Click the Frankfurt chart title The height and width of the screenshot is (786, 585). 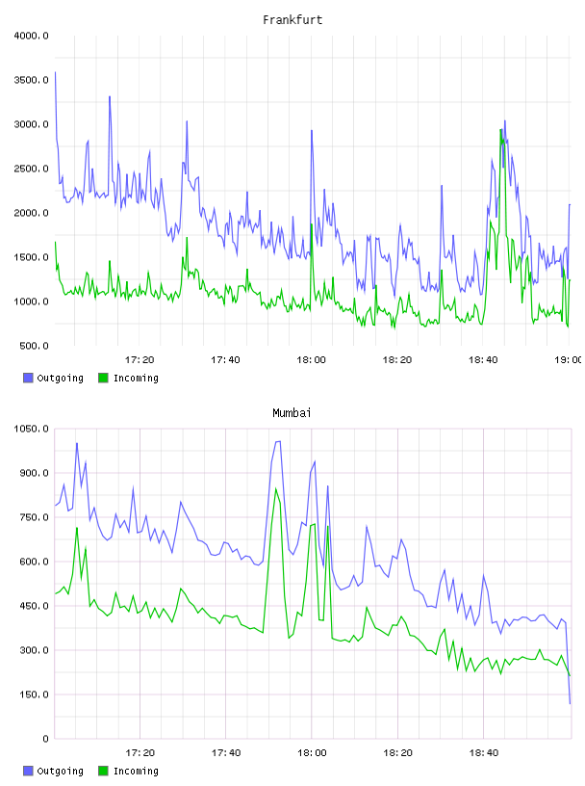coord(292,19)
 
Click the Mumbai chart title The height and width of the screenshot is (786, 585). coord(292,412)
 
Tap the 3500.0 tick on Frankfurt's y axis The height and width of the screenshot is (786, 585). coord(31,80)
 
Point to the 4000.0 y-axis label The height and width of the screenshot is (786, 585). coord(31,36)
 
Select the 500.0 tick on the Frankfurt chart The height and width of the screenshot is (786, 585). coord(34,346)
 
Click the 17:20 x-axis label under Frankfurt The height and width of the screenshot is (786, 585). coord(140,360)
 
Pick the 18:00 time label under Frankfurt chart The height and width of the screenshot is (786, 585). coord(311,360)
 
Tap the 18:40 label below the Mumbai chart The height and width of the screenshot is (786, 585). coord(484,753)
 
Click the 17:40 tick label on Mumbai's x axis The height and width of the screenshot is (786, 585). coord(226,753)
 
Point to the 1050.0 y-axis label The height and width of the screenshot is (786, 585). coord(31,429)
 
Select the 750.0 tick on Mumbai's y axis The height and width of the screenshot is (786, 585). coord(34,517)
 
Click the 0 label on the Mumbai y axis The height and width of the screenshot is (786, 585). coord(45,739)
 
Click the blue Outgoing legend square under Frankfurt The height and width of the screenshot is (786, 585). coord(28,378)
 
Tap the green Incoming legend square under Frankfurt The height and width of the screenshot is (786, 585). coord(103,378)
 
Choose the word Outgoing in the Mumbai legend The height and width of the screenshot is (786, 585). coord(60,772)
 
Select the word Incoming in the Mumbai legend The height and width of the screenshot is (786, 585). coord(136,772)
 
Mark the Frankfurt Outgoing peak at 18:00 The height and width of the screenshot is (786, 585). coord(312,131)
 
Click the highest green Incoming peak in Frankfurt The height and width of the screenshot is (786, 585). coord(500,130)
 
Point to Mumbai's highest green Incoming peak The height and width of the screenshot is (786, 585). coord(276,488)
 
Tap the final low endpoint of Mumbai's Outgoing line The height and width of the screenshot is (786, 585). coord(570,703)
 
